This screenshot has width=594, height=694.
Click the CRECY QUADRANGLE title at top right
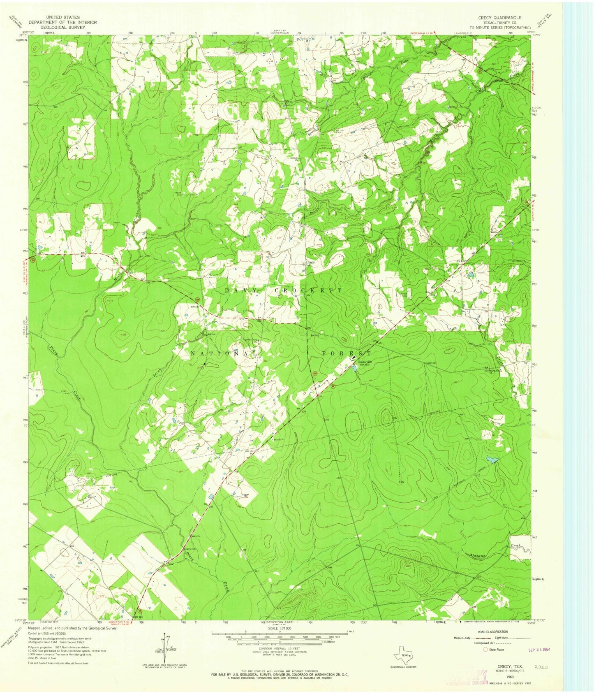(x=499, y=18)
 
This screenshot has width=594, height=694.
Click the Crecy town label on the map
(x=310, y=262)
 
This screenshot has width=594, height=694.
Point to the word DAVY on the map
(x=241, y=290)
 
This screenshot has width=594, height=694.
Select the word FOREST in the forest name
(x=347, y=353)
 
